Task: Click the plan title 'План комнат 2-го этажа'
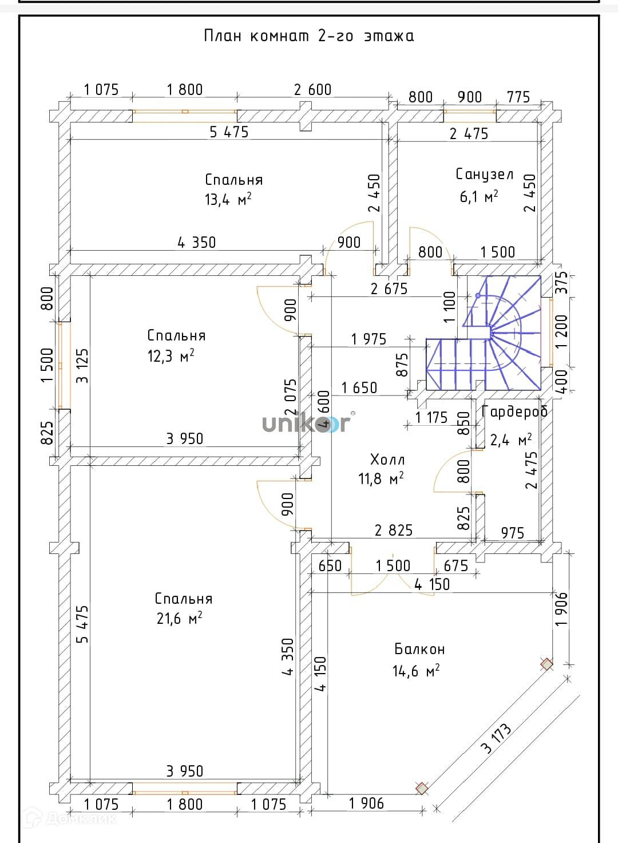pos(309,36)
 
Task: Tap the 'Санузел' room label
pos(484,174)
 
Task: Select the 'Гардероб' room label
pos(514,411)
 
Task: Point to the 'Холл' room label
pos(387,459)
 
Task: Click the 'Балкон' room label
pos(419,649)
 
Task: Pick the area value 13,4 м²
pos(228,199)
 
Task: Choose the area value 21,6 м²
pos(179,619)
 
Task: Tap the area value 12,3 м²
pos(171,356)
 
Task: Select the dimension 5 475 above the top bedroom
pos(229,132)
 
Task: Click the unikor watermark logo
pos(306,424)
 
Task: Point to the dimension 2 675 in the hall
pos(389,289)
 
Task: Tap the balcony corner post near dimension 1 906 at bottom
pos(422,789)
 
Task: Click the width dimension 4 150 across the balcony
pos(432,584)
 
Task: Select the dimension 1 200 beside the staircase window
pos(562,331)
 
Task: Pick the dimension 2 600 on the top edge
pos(312,90)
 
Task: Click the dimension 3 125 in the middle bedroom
pos(82,366)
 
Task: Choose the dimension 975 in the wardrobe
pos(512,533)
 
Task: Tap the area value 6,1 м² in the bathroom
pos(478,197)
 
